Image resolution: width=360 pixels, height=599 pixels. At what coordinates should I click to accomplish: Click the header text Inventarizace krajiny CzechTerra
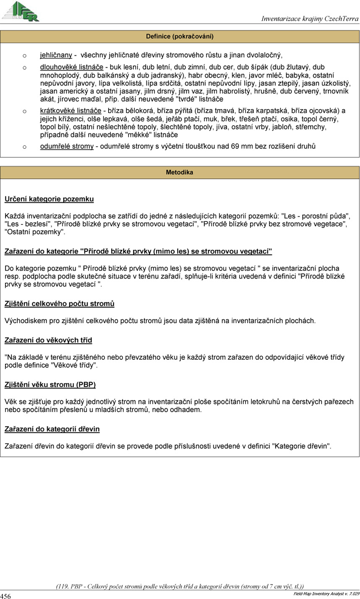point(310,19)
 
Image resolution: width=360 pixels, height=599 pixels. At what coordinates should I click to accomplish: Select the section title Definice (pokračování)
point(180,37)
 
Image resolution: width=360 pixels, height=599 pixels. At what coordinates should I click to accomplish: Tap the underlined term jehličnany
point(56,55)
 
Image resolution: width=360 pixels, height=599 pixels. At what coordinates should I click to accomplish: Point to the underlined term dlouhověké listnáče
point(72,67)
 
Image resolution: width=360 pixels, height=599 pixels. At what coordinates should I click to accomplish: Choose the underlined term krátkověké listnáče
point(70,111)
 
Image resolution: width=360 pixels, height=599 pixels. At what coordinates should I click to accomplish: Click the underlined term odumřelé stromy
point(67,146)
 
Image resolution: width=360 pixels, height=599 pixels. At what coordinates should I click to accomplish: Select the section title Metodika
point(180,173)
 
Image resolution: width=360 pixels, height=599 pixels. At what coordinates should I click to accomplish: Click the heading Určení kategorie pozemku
point(49,199)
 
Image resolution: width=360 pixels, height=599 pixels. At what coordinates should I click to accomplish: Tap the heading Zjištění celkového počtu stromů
point(60,303)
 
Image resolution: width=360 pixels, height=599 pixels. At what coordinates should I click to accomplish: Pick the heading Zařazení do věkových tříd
point(48,340)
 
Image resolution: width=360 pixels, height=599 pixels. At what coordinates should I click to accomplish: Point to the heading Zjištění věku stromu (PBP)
point(53,384)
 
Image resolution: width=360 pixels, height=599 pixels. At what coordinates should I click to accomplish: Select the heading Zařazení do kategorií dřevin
point(52,429)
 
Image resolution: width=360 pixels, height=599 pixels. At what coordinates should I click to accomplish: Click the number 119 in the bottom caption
point(63,586)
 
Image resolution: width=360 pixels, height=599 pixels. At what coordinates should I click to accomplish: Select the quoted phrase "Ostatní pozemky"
point(34,231)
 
